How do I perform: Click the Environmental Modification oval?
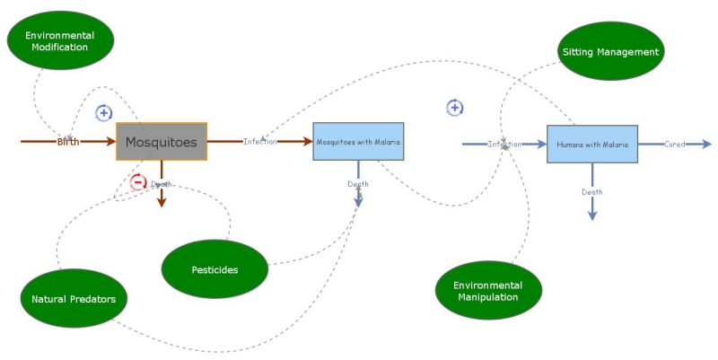(x=62, y=41)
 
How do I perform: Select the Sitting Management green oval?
(x=610, y=51)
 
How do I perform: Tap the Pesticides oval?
(x=215, y=269)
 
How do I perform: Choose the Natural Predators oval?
(x=74, y=299)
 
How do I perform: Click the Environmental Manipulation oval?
(x=488, y=290)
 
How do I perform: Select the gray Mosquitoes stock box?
(x=162, y=142)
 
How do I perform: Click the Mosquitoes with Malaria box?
(x=358, y=142)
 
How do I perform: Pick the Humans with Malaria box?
(x=591, y=144)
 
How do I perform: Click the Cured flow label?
(x=675, y=144)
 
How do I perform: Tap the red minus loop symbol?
(x=138, y=183)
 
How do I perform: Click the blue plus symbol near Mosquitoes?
(x=104, y=113)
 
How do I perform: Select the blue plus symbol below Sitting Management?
(x=455, y=108)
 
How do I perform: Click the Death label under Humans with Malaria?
(x=592, y=191)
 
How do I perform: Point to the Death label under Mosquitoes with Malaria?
(x=358, y=184)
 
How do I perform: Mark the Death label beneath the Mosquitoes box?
(x=162, y=184)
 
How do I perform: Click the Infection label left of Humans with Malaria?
(x=504, y=144)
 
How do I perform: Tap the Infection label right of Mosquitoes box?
(x=260, y=142)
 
